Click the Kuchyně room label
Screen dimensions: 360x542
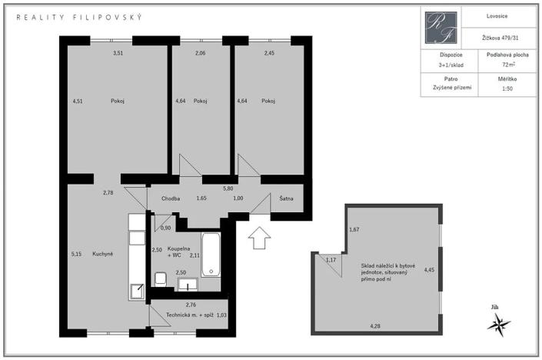tap(102, 254)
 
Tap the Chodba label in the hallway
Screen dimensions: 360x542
tap(171, 198)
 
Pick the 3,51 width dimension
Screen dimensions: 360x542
tap(118, 53)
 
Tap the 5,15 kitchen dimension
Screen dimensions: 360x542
tap(75, 254)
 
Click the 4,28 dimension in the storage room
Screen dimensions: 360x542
tap(375, 326)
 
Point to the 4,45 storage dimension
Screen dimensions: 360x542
tap(429, 270)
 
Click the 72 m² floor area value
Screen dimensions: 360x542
tap(496, 66)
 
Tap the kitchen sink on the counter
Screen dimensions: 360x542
tap(136, 291)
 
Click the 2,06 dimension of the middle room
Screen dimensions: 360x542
tap(200, 53)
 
